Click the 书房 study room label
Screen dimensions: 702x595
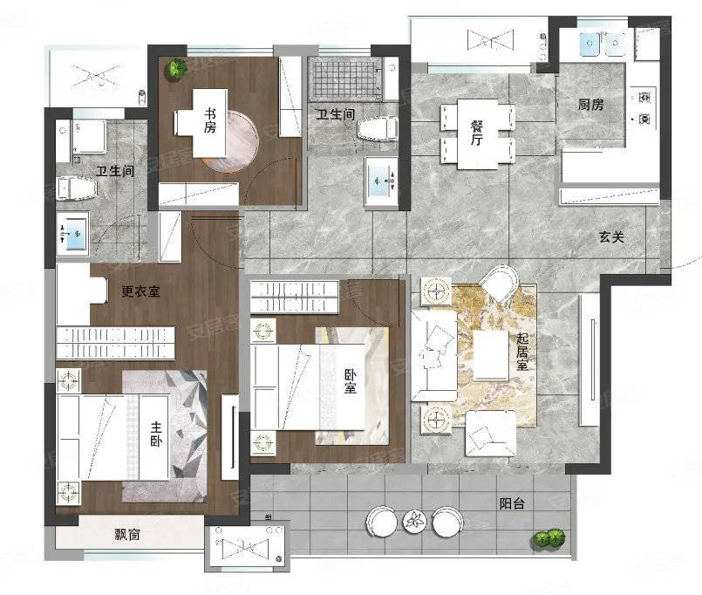(209, 120)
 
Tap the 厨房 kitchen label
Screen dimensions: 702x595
(590, 105)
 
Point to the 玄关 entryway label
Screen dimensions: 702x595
(611, 236)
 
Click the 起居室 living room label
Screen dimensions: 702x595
(522, 352)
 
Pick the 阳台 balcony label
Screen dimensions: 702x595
(512, 503)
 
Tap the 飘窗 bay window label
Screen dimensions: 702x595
(127, 534)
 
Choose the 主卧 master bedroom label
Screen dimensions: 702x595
(156, 434)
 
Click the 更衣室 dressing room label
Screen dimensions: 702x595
(140, 291)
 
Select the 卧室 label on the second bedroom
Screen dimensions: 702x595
(350, 381)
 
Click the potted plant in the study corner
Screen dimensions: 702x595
(176, 68)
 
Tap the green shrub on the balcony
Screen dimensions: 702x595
(549, 537)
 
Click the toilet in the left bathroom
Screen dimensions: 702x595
(77, 188)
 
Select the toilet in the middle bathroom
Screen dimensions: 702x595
(378, 129)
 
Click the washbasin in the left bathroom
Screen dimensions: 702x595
(72, 234)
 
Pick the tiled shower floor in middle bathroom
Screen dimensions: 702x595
(346, 79)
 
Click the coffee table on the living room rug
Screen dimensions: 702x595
(491, 355)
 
